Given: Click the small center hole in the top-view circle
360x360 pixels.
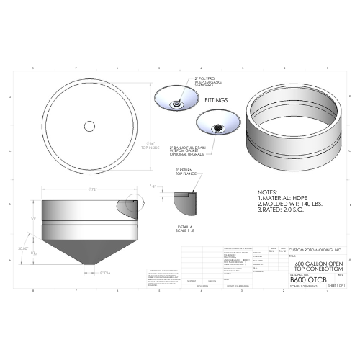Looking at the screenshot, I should click(x=90, y=126).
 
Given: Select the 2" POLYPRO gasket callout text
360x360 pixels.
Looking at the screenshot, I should click(x=207, y=81).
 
